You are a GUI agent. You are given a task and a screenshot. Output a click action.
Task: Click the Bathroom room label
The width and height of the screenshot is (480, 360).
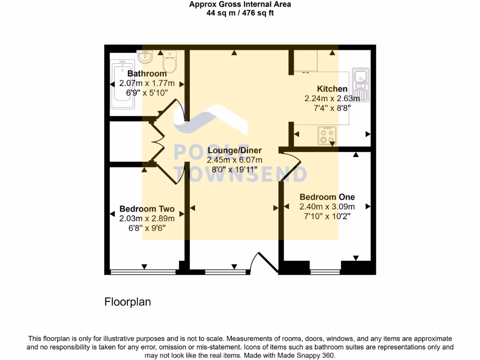[147, 74]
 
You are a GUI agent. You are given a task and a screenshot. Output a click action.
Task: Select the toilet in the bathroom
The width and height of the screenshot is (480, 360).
[169, 62]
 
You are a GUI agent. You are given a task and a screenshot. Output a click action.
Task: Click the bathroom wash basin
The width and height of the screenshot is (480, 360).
[146, 57]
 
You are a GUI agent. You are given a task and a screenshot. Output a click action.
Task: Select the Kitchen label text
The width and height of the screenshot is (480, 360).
[332, 89]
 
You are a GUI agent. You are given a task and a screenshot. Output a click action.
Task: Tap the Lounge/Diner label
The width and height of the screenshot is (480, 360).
[234, 150]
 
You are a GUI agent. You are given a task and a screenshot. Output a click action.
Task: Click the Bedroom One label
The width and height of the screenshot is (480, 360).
[327, 197]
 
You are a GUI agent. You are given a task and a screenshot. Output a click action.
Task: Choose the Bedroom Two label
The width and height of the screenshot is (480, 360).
[147, 209]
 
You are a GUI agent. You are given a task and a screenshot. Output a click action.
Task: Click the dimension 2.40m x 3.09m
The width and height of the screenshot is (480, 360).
[327, 207]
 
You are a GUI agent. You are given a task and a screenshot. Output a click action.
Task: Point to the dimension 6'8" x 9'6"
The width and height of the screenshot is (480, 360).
[147, 228]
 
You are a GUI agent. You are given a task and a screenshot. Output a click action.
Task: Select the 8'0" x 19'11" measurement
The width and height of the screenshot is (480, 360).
[234, 170]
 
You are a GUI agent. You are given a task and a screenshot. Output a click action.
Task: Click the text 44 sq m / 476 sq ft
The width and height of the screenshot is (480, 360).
[240, 13]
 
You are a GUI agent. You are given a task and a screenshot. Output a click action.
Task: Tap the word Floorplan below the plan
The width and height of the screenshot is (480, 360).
[127, 302]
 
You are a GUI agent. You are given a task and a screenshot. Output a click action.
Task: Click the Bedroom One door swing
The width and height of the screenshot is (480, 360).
[294, 167]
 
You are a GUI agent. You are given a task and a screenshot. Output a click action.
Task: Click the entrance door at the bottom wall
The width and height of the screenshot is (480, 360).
[261, 262]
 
